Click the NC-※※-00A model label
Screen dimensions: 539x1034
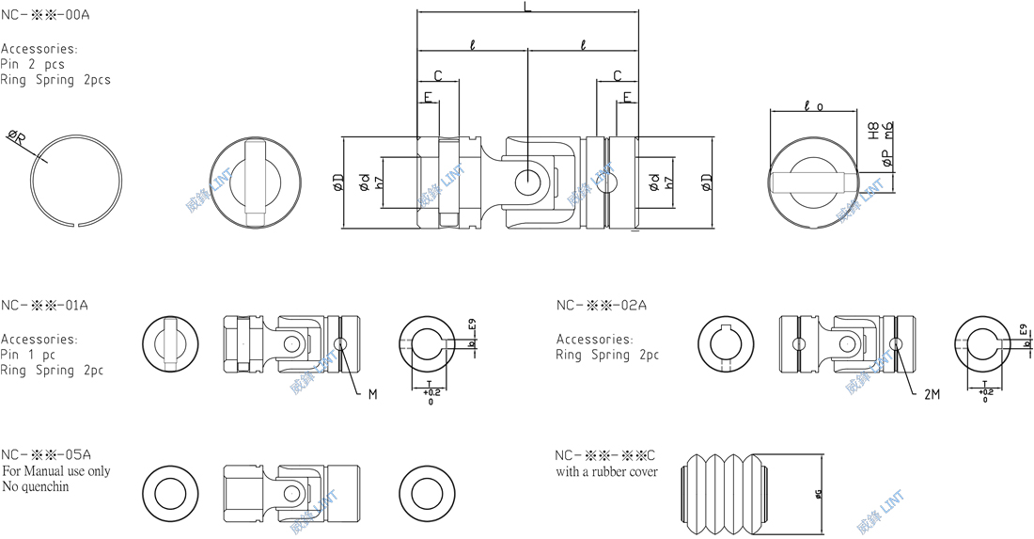[x=46, y=16]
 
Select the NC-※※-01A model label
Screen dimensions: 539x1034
[x=44, y=305]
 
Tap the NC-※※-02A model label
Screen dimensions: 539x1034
[x=601, y=305]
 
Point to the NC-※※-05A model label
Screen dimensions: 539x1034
[x=45, y=453]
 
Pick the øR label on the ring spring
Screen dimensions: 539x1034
[x=17, y=139]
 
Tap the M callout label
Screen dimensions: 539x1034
[x=372, y=394]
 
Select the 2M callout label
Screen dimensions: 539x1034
[x=932, y=394]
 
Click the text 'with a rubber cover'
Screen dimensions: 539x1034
[x=606, y=471]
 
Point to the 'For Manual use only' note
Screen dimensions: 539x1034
[x=55, y=470]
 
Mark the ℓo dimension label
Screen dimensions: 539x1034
[x=814, y=107]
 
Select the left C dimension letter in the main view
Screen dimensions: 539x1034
[x=438, y=74]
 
